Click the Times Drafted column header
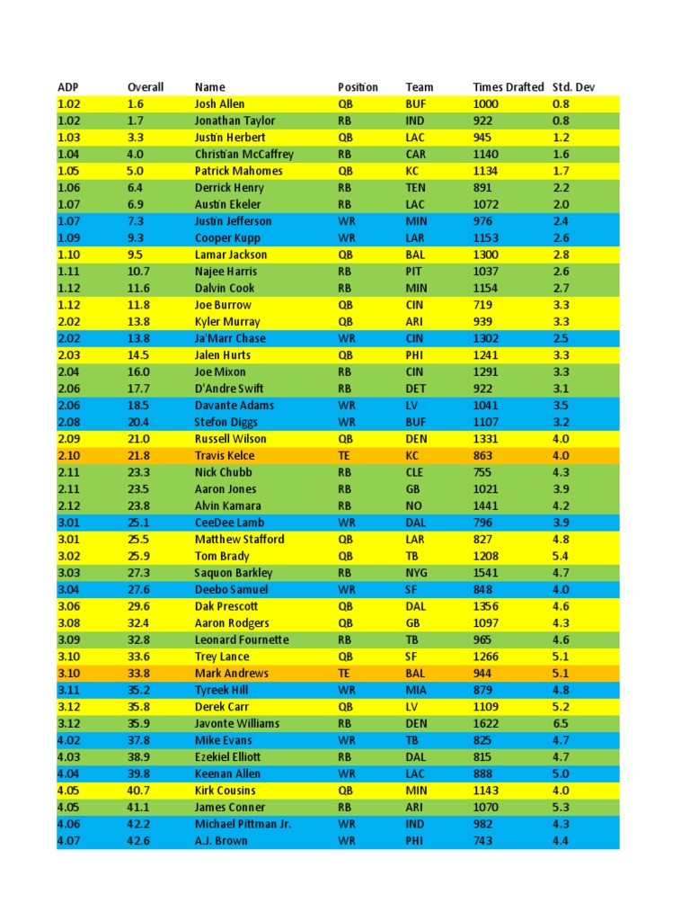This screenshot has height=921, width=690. [x=508, y=87]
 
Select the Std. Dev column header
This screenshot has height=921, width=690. [x=573, y=87]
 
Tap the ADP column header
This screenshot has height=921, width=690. [x=68, y=87]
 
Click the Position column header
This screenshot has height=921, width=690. [x=358, y=87]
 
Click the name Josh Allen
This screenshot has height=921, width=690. [x=219, y=104]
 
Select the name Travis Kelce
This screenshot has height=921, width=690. [x=225, y=456]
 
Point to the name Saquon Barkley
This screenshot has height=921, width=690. [x=234, y=573]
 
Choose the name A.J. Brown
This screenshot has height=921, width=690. [x=221, y=841]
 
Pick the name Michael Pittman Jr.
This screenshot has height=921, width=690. [x=243, y=824]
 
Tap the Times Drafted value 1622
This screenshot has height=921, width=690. [x=486, y=723]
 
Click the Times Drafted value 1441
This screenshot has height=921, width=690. [x=486, y=505]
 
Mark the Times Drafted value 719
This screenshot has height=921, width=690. [x=483, y=305]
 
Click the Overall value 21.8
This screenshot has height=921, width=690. [x=139, y=456]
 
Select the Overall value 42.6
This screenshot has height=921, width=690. [x=139, y=841]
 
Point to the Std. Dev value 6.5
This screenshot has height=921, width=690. [x=561, y=723]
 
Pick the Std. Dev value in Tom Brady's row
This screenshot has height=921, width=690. [x=561, y=556]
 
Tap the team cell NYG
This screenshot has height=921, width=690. [x=418, y=573]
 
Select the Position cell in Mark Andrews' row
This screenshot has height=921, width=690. [x=344, y=673]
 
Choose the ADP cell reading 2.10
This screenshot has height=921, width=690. [x=69, y=456]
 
